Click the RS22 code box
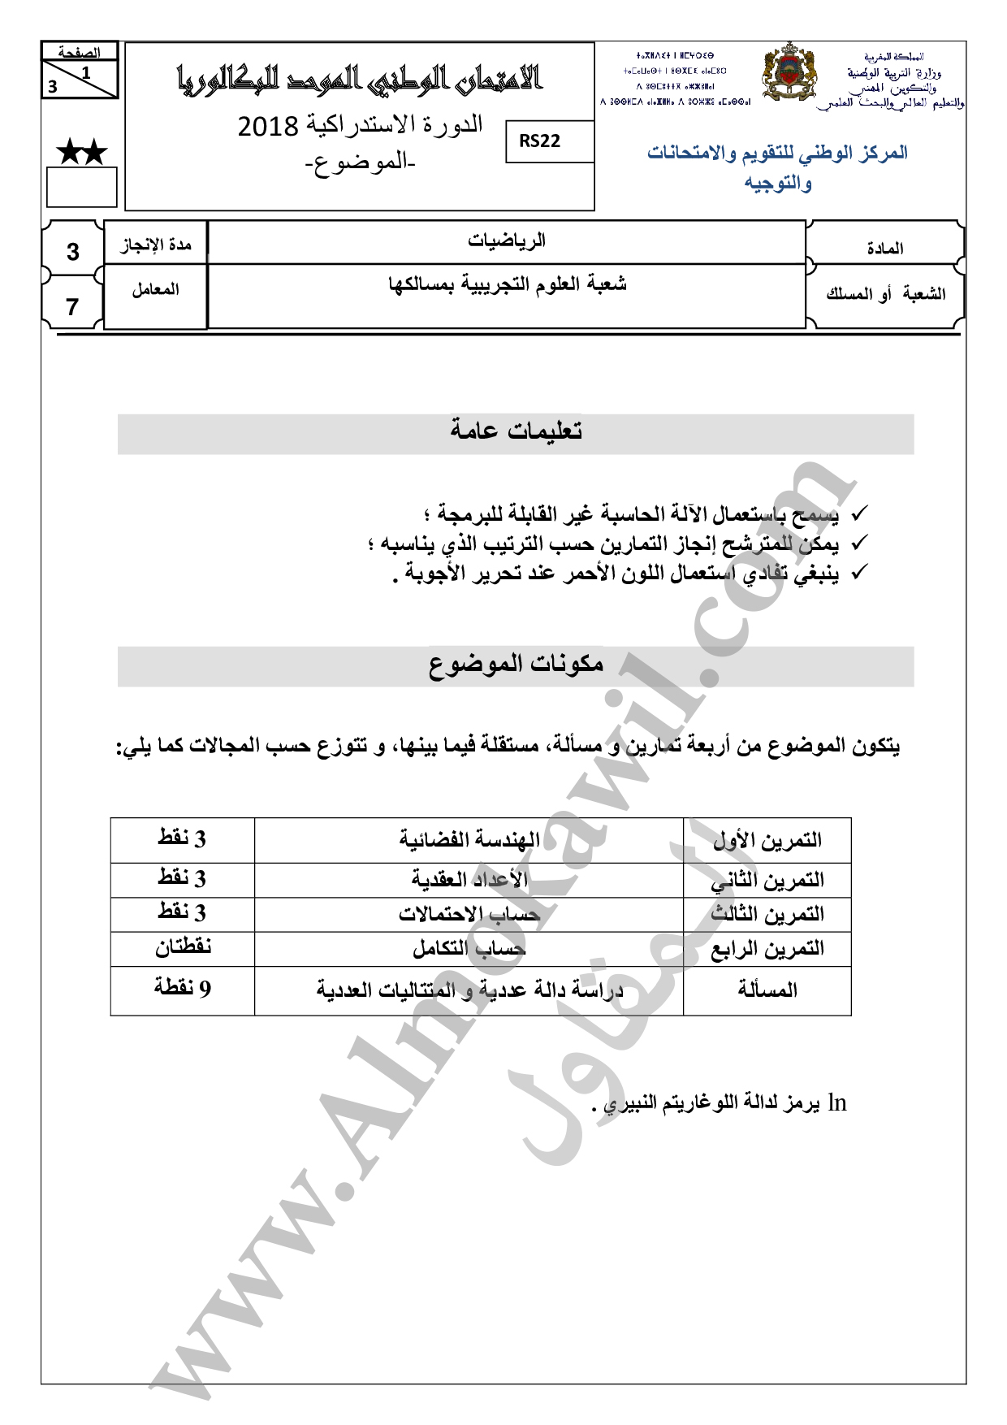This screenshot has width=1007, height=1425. [540, 141]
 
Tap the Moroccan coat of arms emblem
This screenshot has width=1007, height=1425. [789, 73]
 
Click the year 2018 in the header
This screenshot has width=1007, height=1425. [268, 127]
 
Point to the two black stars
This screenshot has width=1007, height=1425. [81, 151]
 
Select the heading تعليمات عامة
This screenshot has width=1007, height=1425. [516, 431]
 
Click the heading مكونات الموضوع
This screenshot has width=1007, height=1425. [516, 665]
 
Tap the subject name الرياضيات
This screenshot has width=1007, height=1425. [507, 240]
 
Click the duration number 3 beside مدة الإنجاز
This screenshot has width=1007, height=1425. [73, 252]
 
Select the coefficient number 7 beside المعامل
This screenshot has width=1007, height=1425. [73, 307]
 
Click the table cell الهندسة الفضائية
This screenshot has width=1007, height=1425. [469, 840]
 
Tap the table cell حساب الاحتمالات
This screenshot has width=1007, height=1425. [469, 914]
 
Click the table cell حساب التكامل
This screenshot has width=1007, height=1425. [469, 948]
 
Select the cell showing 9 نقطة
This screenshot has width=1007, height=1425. [183, 989]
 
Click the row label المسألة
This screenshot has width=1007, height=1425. [767, 990]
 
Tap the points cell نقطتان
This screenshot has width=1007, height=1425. [183, 947]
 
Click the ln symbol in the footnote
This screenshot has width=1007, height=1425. [837, 1103]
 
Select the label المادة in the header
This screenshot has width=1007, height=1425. [884, 249]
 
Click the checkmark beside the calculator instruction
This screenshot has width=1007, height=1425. [858, 514]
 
